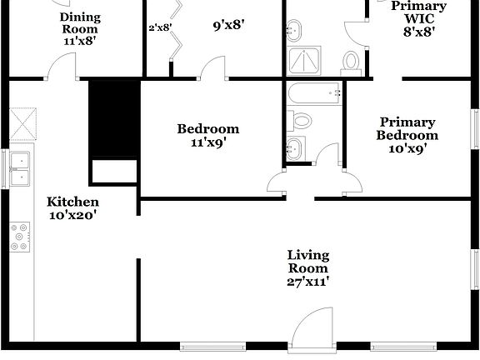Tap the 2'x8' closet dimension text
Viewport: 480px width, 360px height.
[x=160, y=27]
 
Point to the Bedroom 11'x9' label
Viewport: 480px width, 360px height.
[x=207, y=135]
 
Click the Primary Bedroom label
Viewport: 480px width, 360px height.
[x=407, y=135]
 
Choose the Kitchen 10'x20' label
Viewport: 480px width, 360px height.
[x=72, y=208]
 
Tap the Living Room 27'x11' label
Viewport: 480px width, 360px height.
[x=307, y=267]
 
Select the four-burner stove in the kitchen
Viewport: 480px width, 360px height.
[x=19, y=237]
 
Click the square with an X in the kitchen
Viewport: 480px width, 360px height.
[x=22, y=125]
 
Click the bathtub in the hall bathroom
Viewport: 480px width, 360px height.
[x=313, y=94]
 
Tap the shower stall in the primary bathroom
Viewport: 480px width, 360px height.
[x=304, y=59]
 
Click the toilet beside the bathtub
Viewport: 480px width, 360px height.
[x=301, y=121]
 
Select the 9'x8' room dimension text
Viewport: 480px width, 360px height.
[x=227, y=25]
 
